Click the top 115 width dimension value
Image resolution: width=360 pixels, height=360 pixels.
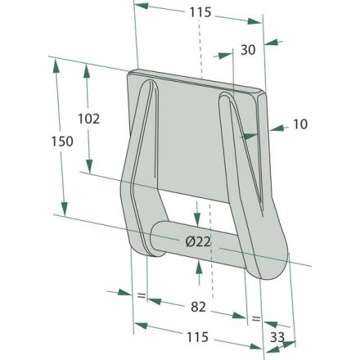tap(200, 12)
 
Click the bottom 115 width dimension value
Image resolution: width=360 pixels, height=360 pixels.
tap(197, 337)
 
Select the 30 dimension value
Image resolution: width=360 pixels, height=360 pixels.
tap(248, 50)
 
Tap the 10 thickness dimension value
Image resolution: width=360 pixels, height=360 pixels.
tap(300, 124)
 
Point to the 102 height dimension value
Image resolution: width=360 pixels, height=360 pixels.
tap(89, 119)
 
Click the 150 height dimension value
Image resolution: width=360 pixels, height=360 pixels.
tap(62, 142)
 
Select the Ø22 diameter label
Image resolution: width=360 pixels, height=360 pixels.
tap(198, 241)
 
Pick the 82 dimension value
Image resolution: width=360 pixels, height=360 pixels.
tap(198, 307)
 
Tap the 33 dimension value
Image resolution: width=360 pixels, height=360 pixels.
tap(277, 337)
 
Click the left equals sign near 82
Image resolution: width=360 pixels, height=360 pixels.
tap(142, 295)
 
